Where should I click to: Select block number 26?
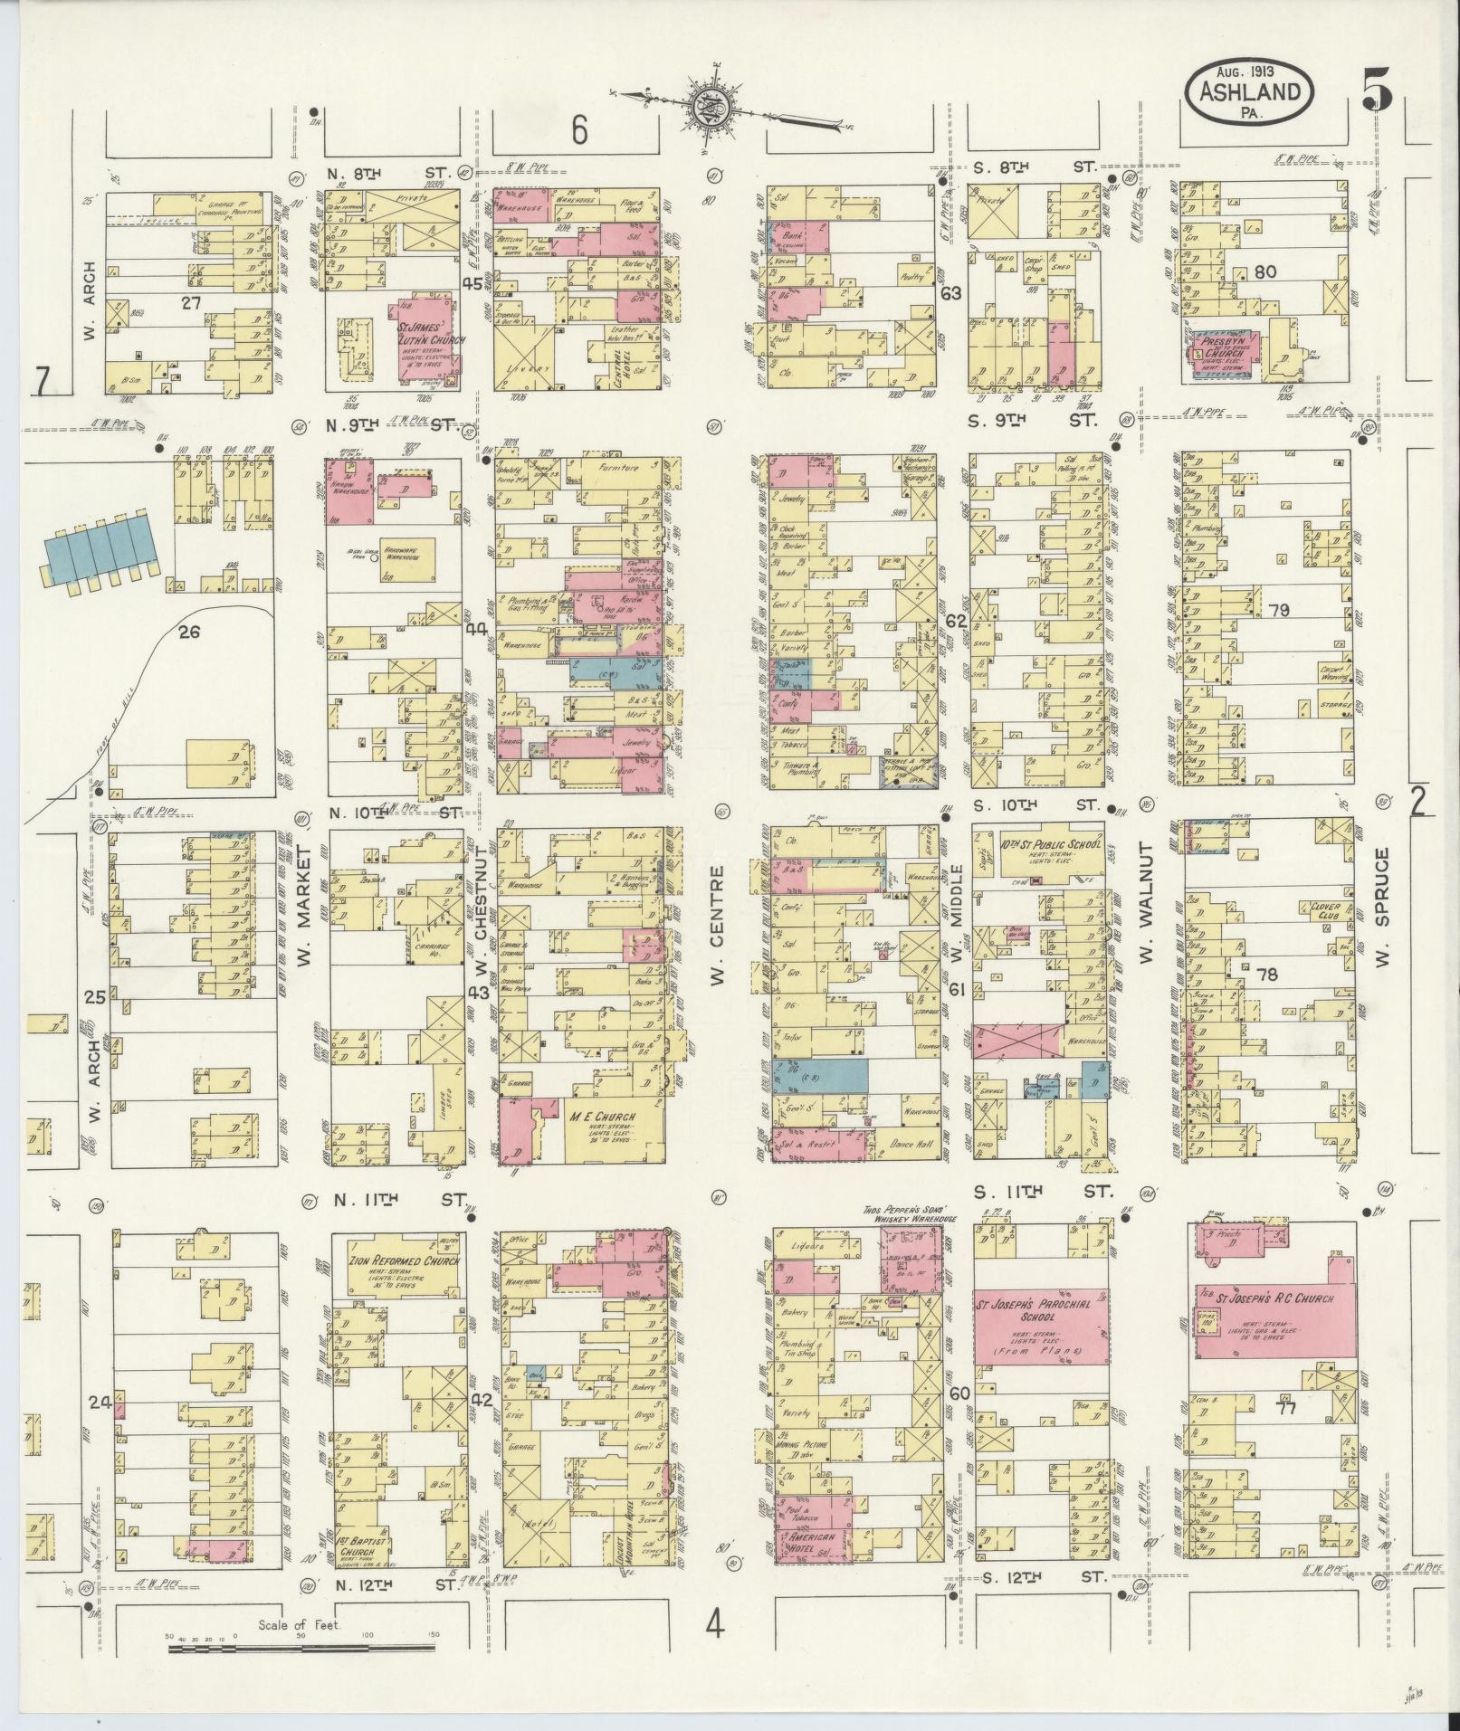[x=188, y=632]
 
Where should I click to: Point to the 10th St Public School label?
[x=1051, y=846]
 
